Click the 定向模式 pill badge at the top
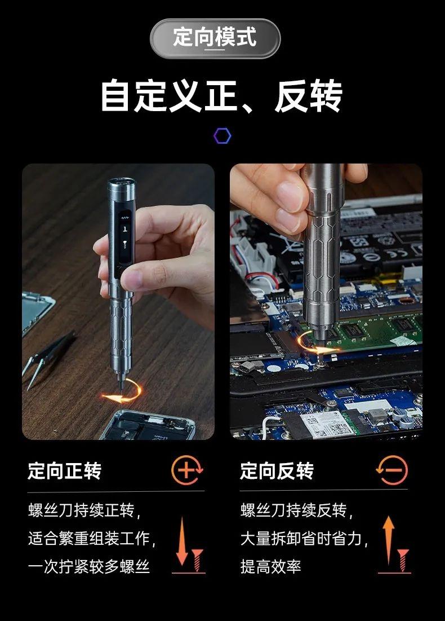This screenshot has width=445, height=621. click(x=215, y=38)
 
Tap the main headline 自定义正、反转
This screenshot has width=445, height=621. click(x=221, y=96)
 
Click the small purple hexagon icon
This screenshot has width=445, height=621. click(x=222, y=136)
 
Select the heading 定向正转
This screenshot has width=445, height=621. click(x=64, y=470)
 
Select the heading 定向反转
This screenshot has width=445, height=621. click(x=277, y=470)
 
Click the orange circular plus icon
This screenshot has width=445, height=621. click(x=187, y=470)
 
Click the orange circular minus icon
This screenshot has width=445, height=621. click(x=391, y=470)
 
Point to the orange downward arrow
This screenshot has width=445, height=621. click(x=182, y=542)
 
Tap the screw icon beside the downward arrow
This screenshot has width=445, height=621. click(x=197, y=560)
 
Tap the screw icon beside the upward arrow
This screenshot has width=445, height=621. click(x=403, y=560)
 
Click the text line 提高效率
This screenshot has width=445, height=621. click(x=270, y=566)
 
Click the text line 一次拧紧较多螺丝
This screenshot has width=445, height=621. click(x=88, y=566)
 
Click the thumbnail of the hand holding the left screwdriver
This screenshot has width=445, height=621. click(x=118, y=302)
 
